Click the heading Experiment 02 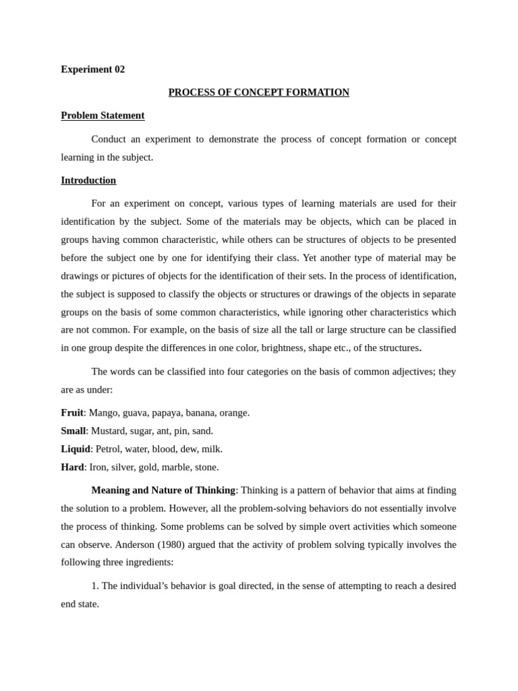[92, 70]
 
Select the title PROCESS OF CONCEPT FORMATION [258, 92]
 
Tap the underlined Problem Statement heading [103, 115]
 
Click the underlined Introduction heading [88, 180]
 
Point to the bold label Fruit [72, 412]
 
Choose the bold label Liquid [76, 449]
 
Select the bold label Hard [72, 467]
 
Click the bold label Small [73, 431]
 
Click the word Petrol [109, 449]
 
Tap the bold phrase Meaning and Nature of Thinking [163, 490]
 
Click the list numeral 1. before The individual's [94, 586]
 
